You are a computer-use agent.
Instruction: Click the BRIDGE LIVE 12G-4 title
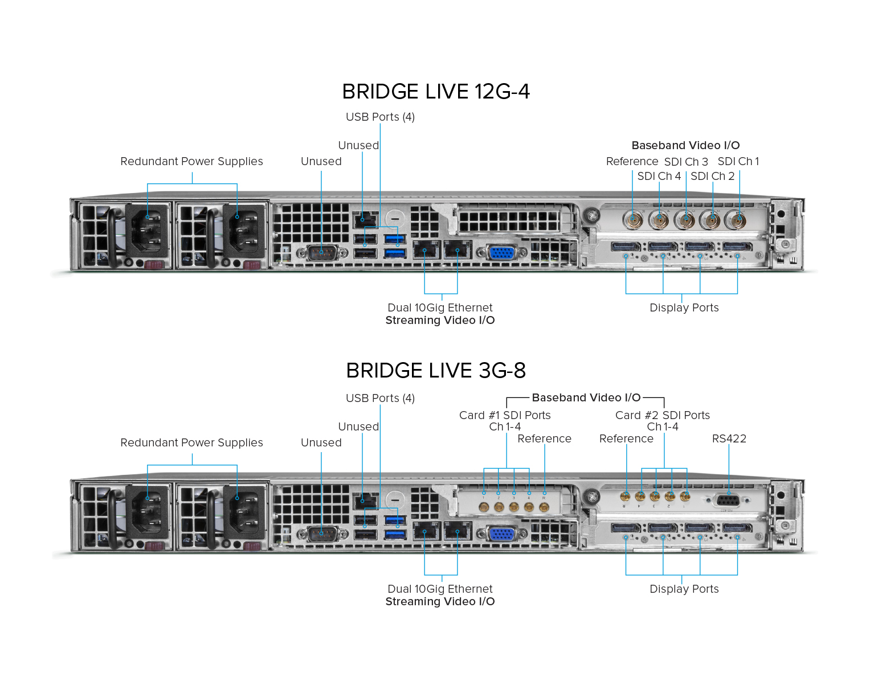436,92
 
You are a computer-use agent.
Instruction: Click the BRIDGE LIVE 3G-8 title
436,371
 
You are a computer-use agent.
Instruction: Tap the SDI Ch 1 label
738,162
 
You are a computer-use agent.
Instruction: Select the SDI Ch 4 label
659,177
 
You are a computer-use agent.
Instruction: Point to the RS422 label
729,439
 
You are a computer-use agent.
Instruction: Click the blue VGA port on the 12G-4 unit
501,252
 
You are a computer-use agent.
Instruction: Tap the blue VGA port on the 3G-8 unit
501,534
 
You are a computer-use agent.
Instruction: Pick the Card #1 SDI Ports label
505,416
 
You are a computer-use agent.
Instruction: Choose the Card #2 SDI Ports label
662,416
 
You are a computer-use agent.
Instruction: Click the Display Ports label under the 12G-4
684,308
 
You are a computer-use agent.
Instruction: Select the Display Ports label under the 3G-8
684,589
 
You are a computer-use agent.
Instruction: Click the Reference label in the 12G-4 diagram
632,162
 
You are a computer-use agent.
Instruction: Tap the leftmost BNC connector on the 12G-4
632,219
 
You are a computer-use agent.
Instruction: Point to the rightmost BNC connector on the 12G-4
737,219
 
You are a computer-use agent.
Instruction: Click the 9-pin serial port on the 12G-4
322,252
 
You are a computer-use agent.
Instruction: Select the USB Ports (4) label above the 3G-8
380,399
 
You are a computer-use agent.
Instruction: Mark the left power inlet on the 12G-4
148,231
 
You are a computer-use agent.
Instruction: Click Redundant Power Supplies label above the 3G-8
191,443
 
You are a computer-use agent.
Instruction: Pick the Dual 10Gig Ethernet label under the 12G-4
440,308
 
